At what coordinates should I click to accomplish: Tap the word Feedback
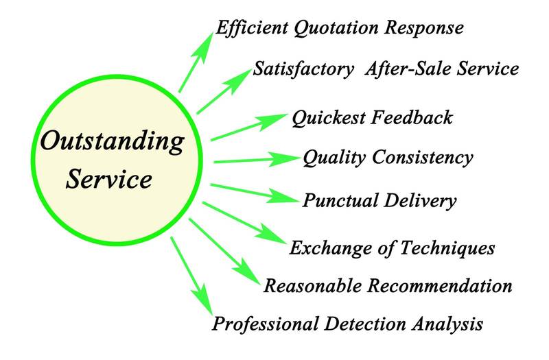tap(411, 118)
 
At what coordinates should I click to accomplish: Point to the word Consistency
tap(423, 158)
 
